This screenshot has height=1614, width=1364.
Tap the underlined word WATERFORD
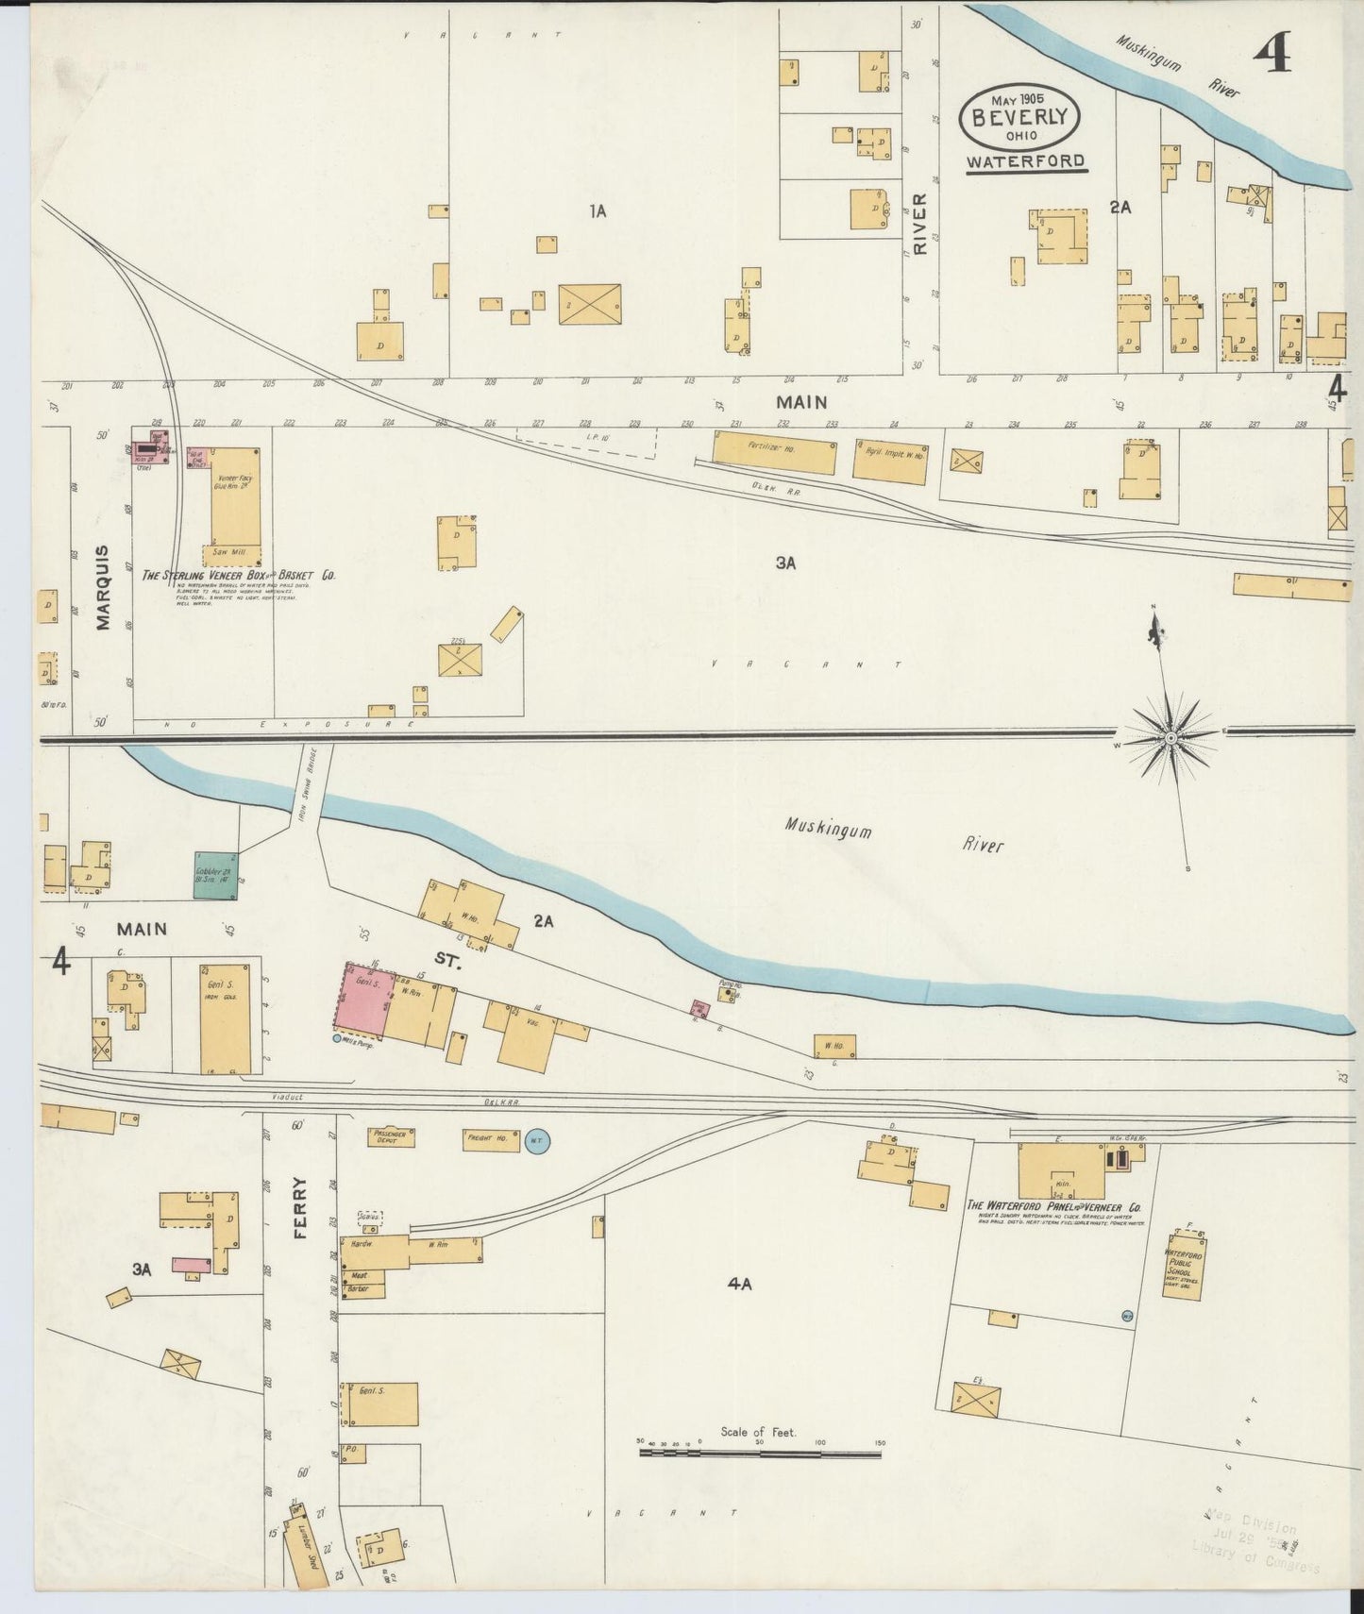1025,161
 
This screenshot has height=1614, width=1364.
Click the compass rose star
1170,736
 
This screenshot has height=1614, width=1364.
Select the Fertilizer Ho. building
774,452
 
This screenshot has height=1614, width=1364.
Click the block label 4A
739,1284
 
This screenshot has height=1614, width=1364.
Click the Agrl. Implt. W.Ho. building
891,462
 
